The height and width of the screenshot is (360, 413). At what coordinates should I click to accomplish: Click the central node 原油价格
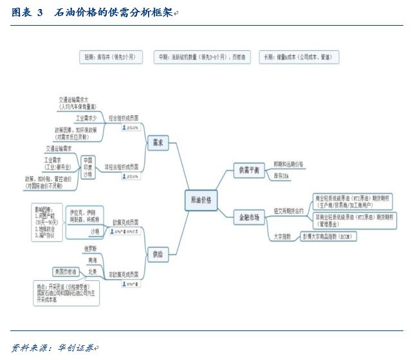pyautogui.click(x=201, y=200)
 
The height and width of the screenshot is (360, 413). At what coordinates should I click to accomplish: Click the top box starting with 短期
pyautogui.click(x=110, y=57)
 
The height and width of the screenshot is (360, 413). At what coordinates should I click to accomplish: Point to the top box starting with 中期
pyautogui.click(x=203, y=57)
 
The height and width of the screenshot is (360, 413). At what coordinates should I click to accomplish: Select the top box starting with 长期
pyautogui.click(x=299, y=57)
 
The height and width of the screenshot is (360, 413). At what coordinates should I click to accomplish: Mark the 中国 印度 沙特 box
pyautogui.click(x=87, y=166)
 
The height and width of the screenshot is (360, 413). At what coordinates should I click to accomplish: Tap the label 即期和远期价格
pyautogui.click(x=288, y=165)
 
